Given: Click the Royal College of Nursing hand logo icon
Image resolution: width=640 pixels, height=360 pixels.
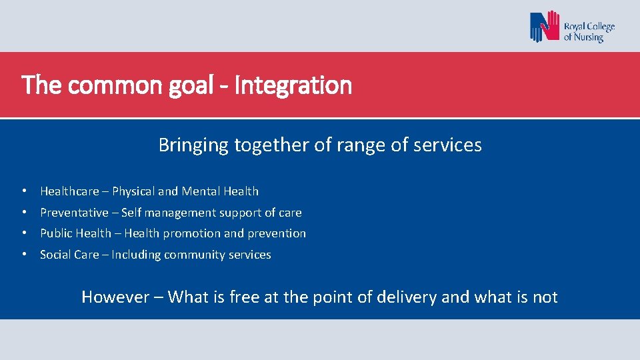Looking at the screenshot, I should pyautogui.click(x=545, y=27).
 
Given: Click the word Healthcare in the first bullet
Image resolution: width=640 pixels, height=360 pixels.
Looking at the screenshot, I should pyautogui.click(x=69, y=191).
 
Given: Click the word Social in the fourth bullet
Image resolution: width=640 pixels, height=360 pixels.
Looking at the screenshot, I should pyautogui.click(x=55, y=255).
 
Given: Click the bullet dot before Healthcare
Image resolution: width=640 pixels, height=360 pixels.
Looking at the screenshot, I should pyautogui.click(x=23, y=191).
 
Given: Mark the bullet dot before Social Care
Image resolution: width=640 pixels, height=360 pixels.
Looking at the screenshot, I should pyautogui.click(x=23, y=255).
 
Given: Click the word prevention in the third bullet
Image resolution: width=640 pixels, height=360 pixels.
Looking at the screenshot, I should pyautogui.click(x=277, y=233).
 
